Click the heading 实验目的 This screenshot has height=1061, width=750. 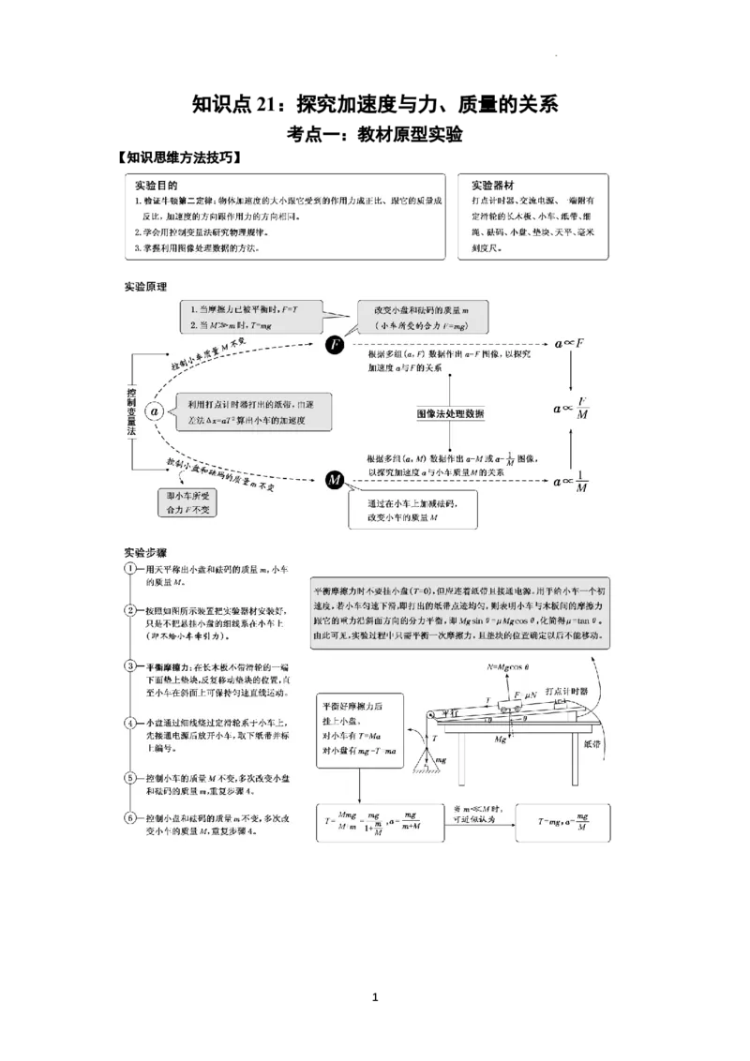(156, 186)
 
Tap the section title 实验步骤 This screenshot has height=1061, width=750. (145, 552)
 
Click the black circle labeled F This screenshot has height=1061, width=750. (335, 346)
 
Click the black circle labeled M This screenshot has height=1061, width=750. (335, 481)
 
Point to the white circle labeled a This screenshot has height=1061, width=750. (156, 411)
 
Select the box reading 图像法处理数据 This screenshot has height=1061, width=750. (451, 413)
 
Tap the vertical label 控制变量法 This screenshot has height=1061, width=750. (131, 411)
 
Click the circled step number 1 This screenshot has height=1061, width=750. (131, 570)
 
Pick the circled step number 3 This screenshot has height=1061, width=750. (131, 666)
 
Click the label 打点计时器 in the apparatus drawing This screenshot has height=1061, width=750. (572, 690)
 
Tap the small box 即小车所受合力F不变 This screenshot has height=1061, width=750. (187, 503)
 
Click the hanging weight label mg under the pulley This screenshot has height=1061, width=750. (442, 760)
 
